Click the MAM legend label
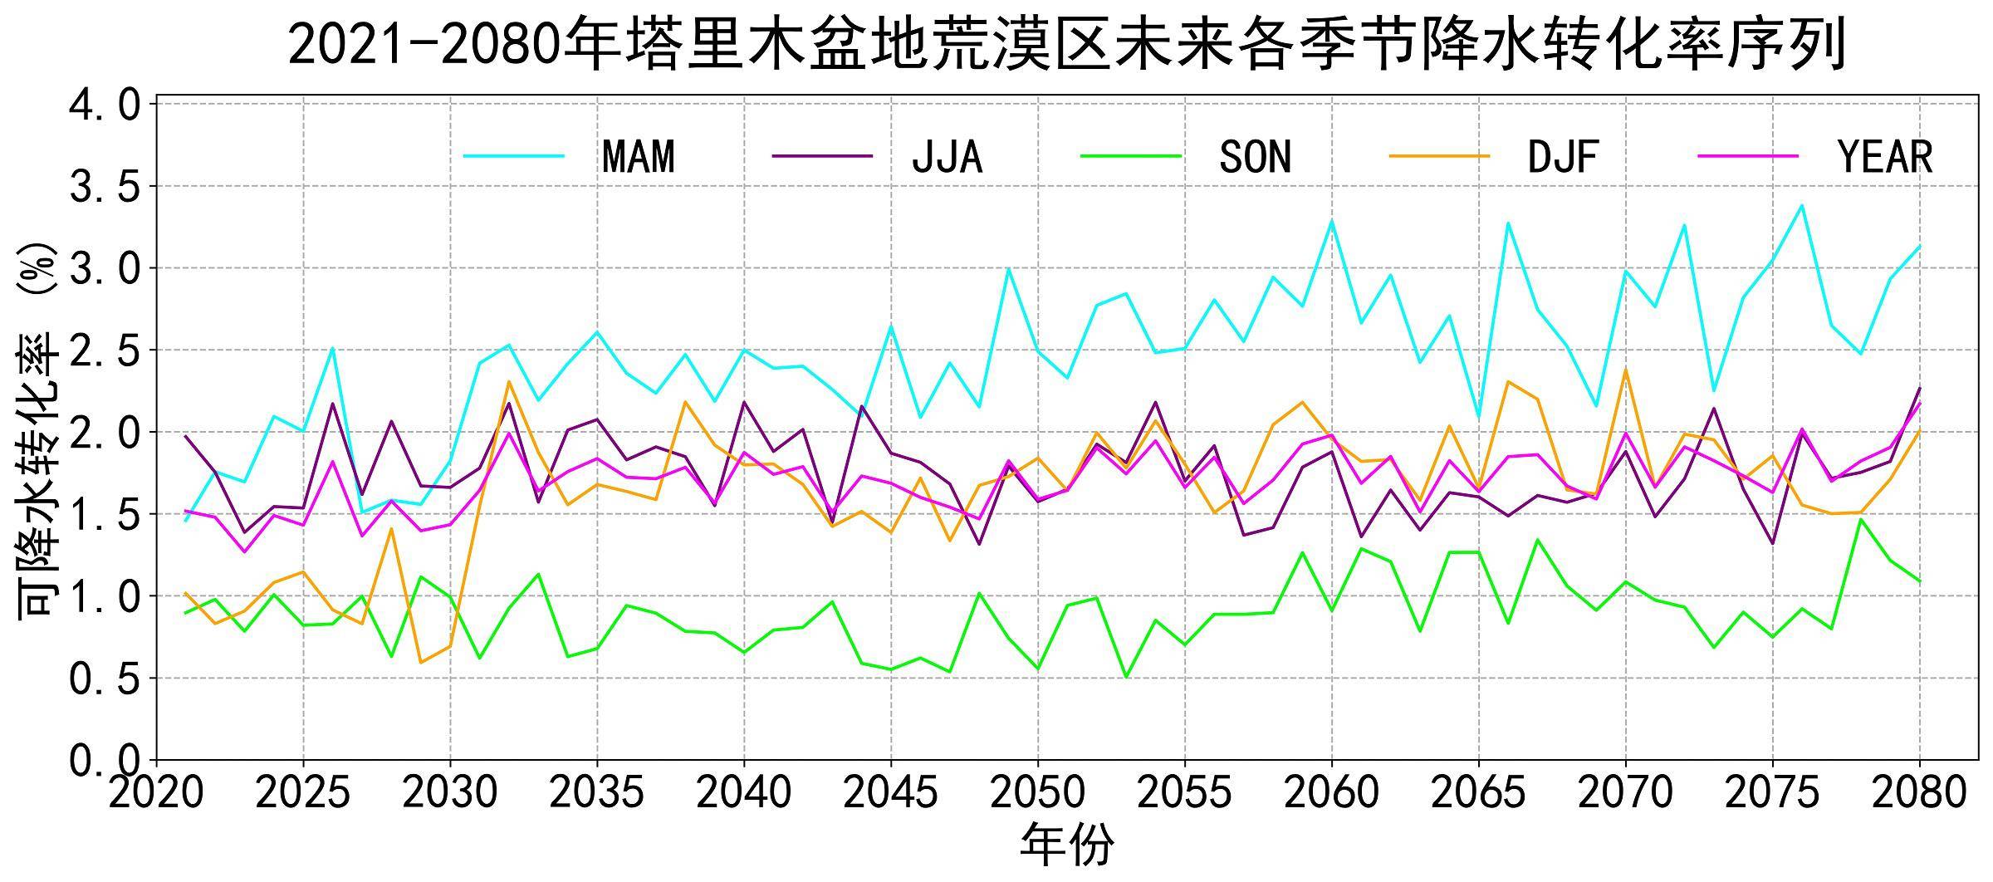click(x=639, y=156)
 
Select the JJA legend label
click(x=948, y=156)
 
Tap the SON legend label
click(x=1255, y=156)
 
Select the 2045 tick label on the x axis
click(x=891, y=794)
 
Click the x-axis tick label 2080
click(x=1920, y=794)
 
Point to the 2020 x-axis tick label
click(x=156, y=794)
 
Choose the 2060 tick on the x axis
click(x=1332, y=794)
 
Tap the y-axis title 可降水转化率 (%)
click(x=37, y=429)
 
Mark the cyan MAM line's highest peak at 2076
click(x=1802, y=205)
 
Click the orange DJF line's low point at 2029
click(x=421, y=662)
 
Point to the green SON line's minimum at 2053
click(x=1126, y=677)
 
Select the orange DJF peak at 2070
click(x=1626, y=369)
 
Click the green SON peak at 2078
click(x=1861, y=519)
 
